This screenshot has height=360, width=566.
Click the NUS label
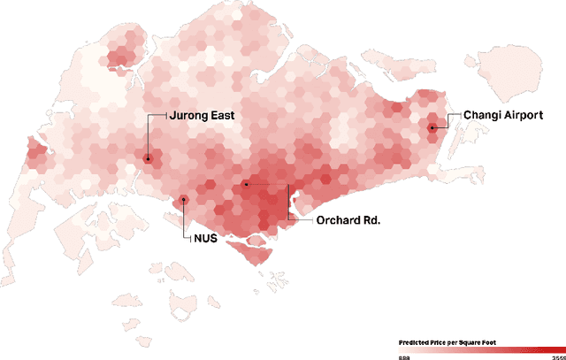(x=205, y=238)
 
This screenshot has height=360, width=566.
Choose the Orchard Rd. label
(x=348, y=219)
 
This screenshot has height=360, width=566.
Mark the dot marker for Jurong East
(x=148, y=159)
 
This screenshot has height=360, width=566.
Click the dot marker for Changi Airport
(x=432, y=128)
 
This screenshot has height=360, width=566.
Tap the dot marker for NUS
(x=184, y=200)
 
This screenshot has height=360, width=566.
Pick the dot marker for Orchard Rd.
(x=246, y=184)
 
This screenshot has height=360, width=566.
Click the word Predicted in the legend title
(x=414, y=341)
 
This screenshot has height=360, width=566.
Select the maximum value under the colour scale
(x=558, y=357)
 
